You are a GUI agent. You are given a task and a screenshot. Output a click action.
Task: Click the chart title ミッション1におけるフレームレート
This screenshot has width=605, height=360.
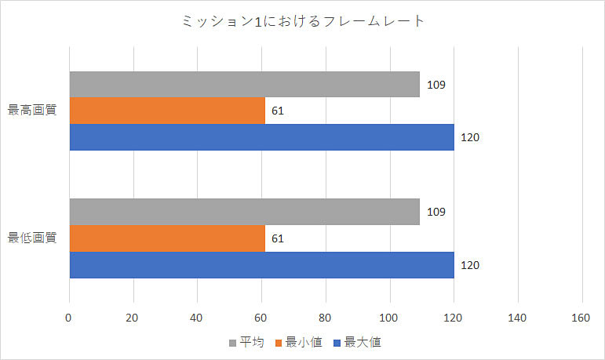coord(302,22)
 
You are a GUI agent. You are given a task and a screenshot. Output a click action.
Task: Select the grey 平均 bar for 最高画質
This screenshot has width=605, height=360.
coord(244,85)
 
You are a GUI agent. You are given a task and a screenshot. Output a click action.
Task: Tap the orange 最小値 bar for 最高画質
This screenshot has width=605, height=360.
coord(167,111)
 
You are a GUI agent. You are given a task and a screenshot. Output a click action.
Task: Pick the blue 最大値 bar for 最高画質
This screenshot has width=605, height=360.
coord(261,137)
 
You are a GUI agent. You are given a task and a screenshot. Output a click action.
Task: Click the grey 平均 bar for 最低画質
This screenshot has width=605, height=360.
coord(244,212)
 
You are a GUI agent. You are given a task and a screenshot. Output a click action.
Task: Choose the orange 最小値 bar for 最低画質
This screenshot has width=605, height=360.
coord(167,238)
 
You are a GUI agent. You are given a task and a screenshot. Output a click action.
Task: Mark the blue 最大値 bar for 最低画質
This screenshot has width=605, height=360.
coord(261,265)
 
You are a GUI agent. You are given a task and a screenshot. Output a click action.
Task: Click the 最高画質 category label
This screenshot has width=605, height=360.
coord(32,111)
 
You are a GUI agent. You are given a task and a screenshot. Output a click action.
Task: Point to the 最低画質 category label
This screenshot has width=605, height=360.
coord(32,238)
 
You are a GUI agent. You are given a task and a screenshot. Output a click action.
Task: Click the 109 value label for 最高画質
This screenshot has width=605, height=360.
coord(437,85)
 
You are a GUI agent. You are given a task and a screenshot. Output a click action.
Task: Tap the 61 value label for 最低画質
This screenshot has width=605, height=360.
coord(277,238)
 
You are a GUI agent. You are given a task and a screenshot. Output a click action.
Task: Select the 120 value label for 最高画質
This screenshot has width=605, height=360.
coord(469,137)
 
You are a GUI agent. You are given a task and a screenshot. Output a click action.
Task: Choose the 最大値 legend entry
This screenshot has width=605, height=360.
coord(356,343)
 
